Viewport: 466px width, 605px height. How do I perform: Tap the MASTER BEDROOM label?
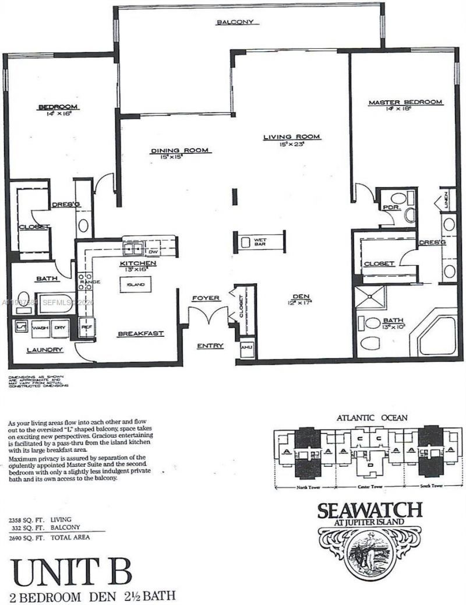405,103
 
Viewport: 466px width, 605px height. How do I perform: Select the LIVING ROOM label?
292,137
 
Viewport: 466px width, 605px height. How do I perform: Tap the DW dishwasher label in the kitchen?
152,252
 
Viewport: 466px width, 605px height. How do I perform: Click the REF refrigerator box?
86,328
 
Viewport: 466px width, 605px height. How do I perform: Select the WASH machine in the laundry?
40,328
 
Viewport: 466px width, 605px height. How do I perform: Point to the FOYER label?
206,298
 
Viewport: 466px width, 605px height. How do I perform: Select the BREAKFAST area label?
140,334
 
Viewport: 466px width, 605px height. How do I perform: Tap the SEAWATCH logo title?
369,511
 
